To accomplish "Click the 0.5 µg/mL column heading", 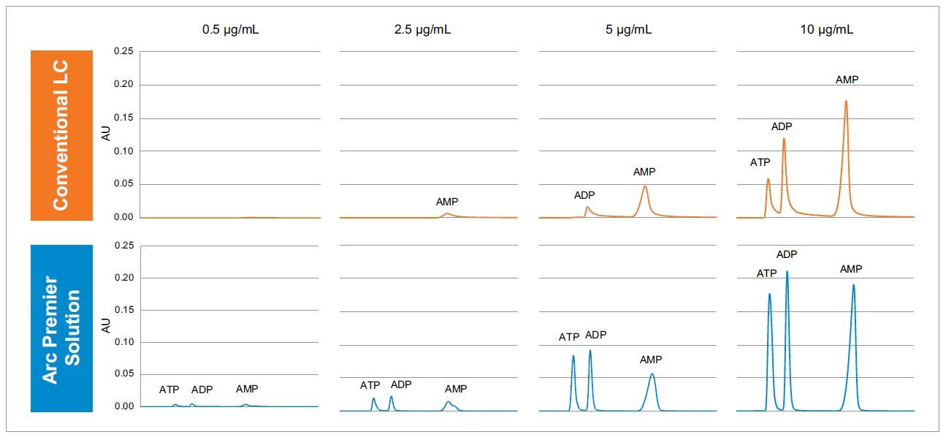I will coord(229,30).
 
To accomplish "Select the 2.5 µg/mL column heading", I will coord(429,30).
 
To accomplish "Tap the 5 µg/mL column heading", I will coord(628,30).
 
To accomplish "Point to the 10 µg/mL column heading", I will coord(826,30).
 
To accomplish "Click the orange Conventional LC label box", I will coord(61,135).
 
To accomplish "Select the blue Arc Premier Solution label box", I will coord(61,328).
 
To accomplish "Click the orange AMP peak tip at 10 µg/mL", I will coord(846,101).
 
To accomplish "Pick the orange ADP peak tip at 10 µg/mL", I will coord(784,138).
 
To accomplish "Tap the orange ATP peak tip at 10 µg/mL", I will coord(768,179).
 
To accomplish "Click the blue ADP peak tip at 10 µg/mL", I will coord(787,271).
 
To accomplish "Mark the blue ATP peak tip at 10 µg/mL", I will coord(769,294).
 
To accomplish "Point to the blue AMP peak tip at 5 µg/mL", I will coord(652,374).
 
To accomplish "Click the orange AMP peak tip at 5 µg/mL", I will coord(644,186).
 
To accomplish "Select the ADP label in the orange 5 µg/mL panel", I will coord(584,195).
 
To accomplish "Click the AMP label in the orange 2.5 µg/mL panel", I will coord(447,202).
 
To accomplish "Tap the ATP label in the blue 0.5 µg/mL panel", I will coord(169,390).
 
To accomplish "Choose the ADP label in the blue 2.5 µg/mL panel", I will coord(401,384).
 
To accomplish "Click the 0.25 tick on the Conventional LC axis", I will coord(123,51).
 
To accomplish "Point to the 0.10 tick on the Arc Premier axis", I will coord(123,342).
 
